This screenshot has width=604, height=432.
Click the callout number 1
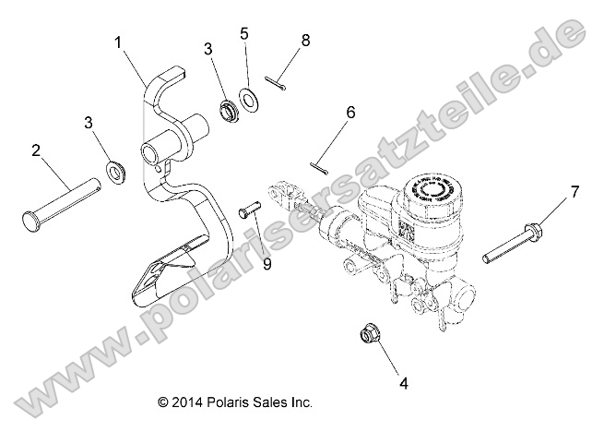point(118,42)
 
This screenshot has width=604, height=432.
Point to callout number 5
point(244,34)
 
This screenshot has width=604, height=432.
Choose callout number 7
point(574,192)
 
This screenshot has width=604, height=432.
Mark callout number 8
point(305,41)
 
